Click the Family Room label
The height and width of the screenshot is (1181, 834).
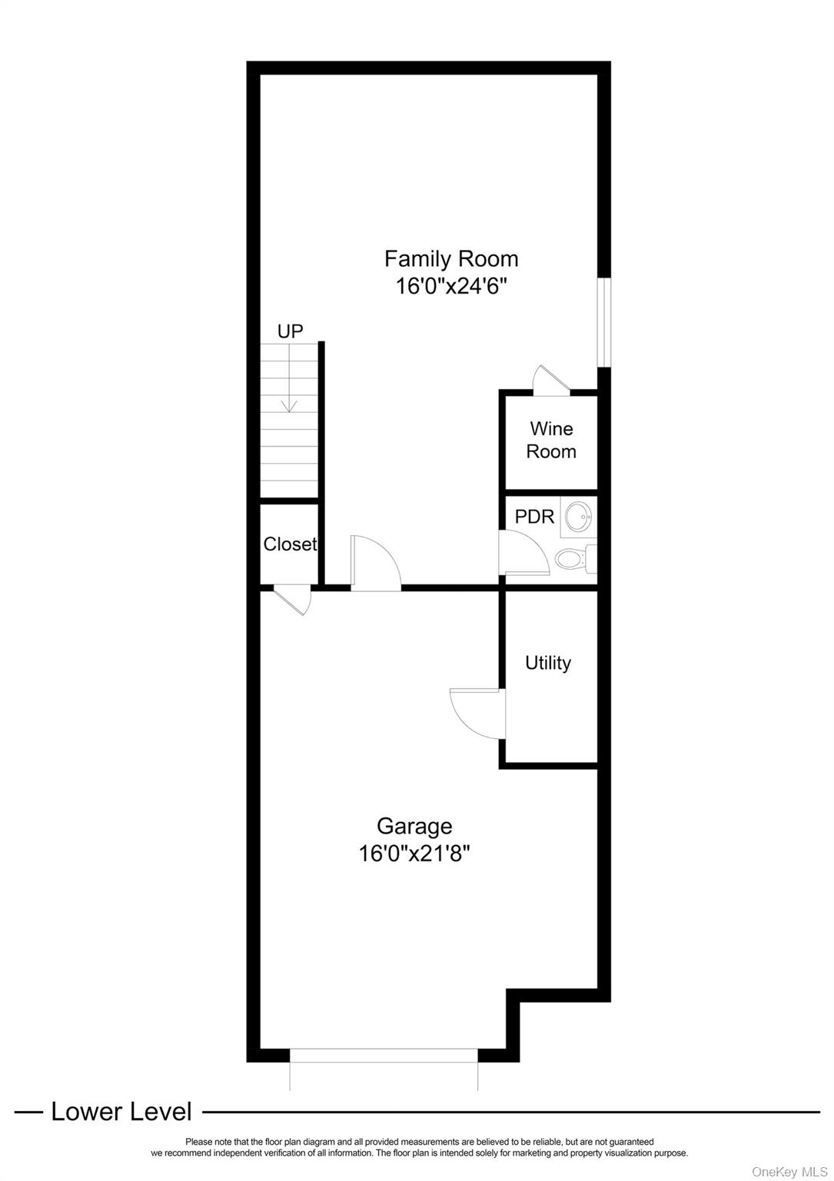click(x=451, y=258)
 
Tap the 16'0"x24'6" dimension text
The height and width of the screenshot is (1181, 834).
click(x=451, y=287)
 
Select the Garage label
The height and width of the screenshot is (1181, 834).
click(x=414, y=826)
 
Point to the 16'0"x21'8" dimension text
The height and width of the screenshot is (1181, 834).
click(x=414, y=853)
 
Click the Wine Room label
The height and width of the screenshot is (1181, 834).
click(x=551, y=440)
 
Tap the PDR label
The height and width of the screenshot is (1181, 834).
click(x=534, y=517)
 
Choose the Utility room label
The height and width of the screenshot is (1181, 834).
click(x=548, y=663)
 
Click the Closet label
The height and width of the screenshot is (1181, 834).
click(x=290, y=544)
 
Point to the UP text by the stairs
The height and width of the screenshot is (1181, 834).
click(x=290, y=331)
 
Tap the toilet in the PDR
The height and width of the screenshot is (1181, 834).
click(x=573, y=558)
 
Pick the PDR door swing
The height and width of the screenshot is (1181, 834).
click(x=523, y=553)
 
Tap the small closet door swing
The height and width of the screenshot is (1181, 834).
click(x=293, y=599)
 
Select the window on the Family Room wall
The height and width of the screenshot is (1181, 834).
click(x=604, y=322)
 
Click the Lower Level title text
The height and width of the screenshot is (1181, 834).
click(x=121, y=1112)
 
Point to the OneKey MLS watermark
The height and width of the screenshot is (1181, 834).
click(x=789, y=1171)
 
